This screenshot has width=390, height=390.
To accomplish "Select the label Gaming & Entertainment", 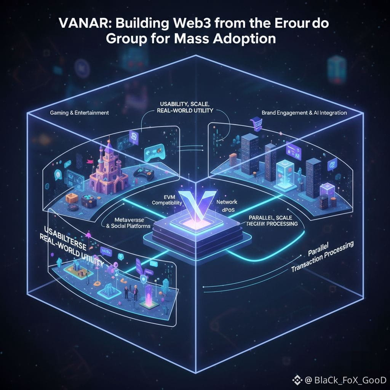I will click(x=79, y=113).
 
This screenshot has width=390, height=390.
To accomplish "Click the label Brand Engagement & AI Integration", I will click(x=304, y=113).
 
